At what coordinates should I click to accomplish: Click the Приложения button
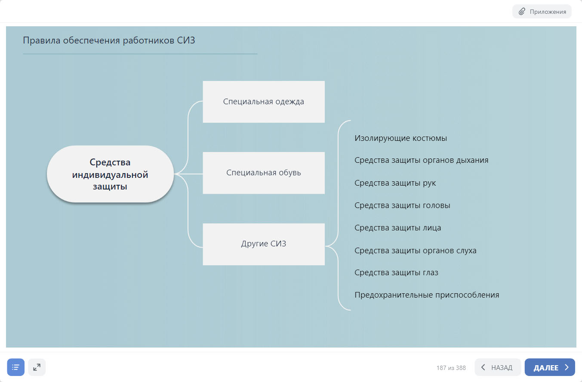click(542, 12)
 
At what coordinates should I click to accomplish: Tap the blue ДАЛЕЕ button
click(549, 367)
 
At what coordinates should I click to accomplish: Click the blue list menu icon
click(16, 367)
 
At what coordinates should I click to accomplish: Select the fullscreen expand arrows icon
click(37, 367)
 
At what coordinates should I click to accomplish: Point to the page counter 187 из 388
click(451, 368)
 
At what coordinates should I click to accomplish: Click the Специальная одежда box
click(263, 102)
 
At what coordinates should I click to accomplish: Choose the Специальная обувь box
click(263, 173)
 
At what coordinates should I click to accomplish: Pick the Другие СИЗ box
click(263, 244)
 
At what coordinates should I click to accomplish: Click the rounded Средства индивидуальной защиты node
click(110, 174)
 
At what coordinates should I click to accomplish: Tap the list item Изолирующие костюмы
click(400, 138)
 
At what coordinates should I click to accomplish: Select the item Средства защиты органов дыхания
click(421, 160)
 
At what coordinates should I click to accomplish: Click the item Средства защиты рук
click(395, 183)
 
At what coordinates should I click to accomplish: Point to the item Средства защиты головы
click(402, 205)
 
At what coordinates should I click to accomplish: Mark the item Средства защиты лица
click(397, 228)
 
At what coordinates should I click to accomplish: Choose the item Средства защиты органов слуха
click(415, 250)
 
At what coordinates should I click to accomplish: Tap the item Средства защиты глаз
click(396, 273)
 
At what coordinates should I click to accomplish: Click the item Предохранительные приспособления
click(427, 295)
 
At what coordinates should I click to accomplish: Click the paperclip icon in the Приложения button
click(522, 12)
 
